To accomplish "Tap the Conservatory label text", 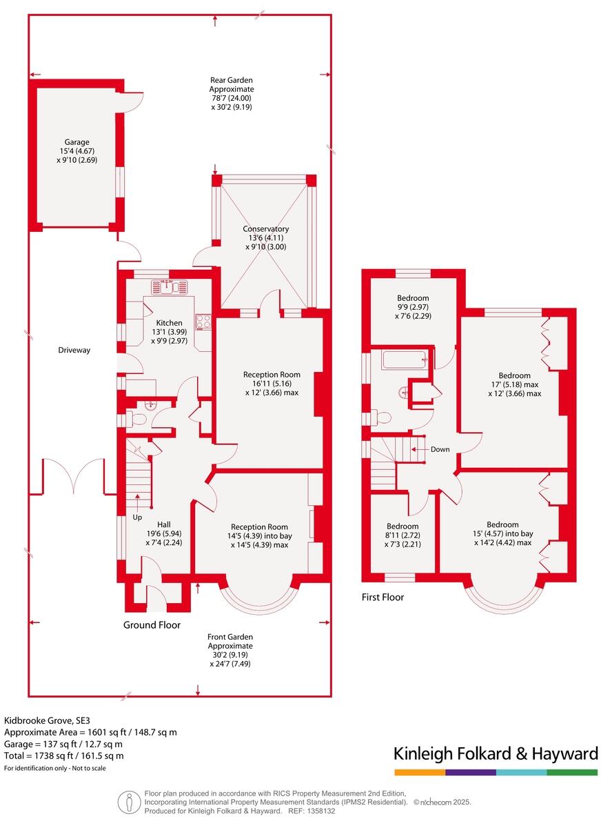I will tap(265, 229).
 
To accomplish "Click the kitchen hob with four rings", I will tap(203, 322).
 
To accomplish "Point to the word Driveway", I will tap(74, 351).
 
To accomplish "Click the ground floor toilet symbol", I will tap(138, 419).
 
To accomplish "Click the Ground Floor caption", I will tap(152, 625).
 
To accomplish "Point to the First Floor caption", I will tap(383, 598).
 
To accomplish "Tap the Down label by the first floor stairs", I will tap(440, 449).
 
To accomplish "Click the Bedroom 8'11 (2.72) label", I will tap(403, 535).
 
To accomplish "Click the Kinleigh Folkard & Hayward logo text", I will tap(495, 754).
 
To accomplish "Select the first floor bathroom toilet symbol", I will tap(381, 417).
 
